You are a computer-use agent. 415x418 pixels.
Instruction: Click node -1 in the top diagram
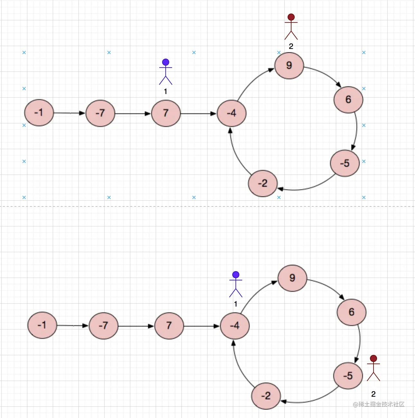point(39,113)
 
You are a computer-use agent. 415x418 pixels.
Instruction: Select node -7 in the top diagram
point(100,113)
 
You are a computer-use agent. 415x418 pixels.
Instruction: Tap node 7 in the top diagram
point(166,113)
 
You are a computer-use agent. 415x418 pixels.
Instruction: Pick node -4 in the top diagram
point(232,113)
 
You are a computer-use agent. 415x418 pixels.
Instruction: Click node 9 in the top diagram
point(289,66)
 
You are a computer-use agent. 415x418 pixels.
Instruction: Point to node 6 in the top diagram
point(348,100)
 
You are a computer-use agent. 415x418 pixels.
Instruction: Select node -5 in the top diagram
point(345,163)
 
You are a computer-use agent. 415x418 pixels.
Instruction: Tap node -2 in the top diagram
point(263,183)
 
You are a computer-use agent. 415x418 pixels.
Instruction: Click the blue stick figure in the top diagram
point(166,72)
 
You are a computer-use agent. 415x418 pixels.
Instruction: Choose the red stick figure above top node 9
point(291,27)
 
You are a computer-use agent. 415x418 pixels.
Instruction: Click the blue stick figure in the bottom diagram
point(236,284)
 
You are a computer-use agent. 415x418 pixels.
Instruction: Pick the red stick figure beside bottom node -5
point(373,368)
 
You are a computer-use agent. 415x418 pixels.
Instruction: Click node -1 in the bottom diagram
point(42,325)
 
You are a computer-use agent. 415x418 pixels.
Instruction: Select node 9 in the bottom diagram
point(292,278)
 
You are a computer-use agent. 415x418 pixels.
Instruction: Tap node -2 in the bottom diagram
point(266,396)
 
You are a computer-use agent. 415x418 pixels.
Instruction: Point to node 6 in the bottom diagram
point(352,312)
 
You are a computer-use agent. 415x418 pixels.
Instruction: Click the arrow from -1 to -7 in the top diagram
point(69,113)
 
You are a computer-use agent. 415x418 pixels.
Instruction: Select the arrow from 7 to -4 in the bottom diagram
point(202,326)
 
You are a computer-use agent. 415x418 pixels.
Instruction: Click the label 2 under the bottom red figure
point(373,394)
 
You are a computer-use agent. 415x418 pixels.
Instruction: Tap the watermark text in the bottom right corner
point(379,404)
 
